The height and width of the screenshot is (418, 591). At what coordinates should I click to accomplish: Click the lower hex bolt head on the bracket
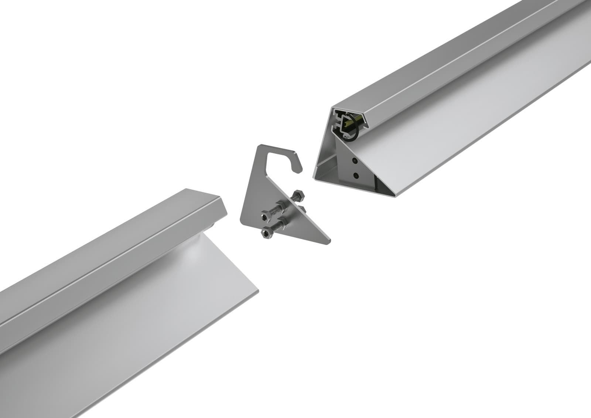[x=266, y=232]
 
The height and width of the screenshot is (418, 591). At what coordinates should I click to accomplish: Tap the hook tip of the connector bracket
[x=300, y=169]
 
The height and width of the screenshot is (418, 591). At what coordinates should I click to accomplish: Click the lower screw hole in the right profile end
[x=356, y=176]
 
